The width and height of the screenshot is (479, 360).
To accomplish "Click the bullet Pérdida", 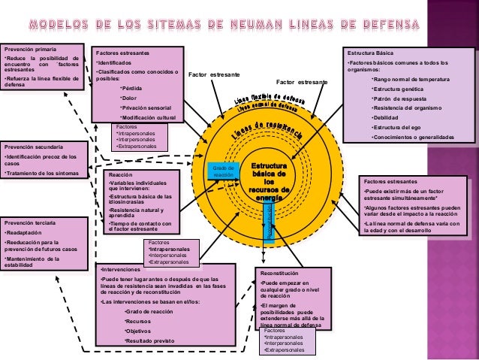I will pos(132,88).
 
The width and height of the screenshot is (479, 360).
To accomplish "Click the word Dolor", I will pos(130,98).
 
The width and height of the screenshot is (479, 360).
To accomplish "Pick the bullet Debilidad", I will pos(387,118).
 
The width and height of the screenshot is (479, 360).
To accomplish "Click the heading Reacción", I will pos(119,174).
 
